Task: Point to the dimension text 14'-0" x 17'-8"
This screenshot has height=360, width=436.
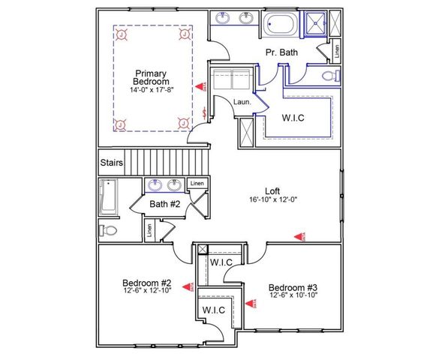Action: pos(152,90)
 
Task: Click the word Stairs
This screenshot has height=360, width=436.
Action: pos(111,162)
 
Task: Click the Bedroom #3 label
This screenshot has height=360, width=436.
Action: pos(293,287)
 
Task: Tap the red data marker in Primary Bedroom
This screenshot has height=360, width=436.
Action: pos(200,88)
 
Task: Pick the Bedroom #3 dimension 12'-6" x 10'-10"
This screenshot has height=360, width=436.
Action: pos(293,295)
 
